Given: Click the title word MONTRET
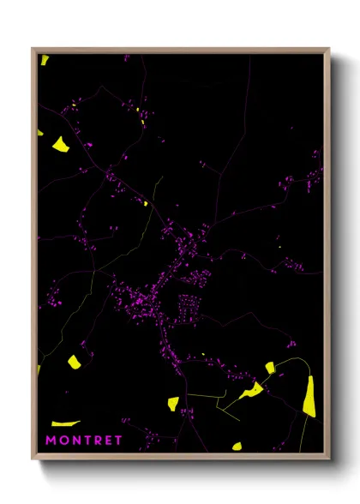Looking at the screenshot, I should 84,440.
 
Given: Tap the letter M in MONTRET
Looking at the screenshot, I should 51,440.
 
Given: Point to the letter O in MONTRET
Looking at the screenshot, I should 63,440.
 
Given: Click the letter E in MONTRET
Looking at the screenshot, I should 108,440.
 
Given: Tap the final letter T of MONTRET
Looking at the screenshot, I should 118,440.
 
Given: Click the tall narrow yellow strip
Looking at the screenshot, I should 309,396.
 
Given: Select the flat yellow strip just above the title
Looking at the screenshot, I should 65,423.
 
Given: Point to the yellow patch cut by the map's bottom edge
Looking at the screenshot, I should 237,446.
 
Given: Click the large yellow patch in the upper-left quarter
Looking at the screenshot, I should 61,144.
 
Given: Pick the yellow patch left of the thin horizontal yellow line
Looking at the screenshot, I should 172,402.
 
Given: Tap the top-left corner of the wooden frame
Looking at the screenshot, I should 33,50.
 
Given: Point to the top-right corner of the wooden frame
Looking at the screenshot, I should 328,50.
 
